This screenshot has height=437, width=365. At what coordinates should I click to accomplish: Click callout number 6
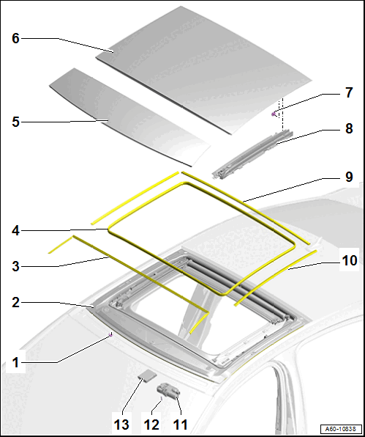tap(15, 38)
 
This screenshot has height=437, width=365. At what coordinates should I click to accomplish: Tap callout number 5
tap(15, 122)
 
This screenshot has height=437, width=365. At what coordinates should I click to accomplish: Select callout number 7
tap(349, 92)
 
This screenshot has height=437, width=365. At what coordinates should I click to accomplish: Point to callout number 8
tap(349, 129)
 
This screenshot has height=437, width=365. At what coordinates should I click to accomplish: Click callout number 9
tap(349, 177)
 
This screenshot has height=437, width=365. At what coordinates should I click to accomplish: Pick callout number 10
tap(350, 260)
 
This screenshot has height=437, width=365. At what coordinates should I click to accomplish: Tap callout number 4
tap(15, 231)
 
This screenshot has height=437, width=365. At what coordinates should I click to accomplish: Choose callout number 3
tap(15, 266)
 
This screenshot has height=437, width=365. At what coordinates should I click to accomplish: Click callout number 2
tap(15, 303)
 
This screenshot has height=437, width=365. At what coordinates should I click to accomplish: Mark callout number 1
tap(15, 363)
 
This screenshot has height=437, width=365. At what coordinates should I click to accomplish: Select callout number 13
tap(121, 425)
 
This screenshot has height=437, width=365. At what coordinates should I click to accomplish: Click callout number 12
tap(151, 425)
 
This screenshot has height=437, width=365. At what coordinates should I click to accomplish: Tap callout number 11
tap(181, 425)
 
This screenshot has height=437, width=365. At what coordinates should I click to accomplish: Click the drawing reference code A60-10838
tap(341, 429)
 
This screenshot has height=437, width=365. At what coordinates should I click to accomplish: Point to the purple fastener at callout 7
tap(274, 114)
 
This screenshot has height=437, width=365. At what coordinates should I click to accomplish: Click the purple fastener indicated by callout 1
tap(110, 335)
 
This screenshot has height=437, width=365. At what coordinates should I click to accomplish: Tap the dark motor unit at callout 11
tap(168, 391)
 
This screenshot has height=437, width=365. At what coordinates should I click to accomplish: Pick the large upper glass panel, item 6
tap(204, 70)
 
